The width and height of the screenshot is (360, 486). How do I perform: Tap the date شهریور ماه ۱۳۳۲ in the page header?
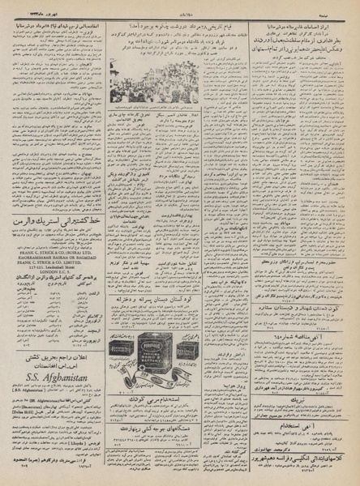point(41,7)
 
